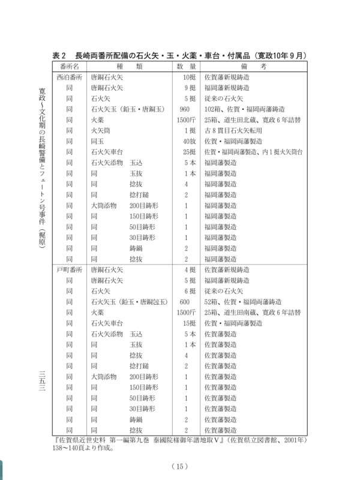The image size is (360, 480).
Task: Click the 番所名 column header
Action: coord(68,65)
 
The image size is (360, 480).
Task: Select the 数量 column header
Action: coord(182,65)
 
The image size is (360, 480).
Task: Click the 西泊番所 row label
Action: coord(68,77)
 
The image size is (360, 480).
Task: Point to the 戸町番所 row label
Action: coord(68,269)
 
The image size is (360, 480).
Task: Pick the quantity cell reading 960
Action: coord(185,110)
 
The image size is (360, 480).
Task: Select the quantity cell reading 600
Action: coord(184,302)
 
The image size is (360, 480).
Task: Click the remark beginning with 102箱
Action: coord(247,110)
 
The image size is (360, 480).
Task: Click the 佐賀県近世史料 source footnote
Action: coord(180,443)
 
